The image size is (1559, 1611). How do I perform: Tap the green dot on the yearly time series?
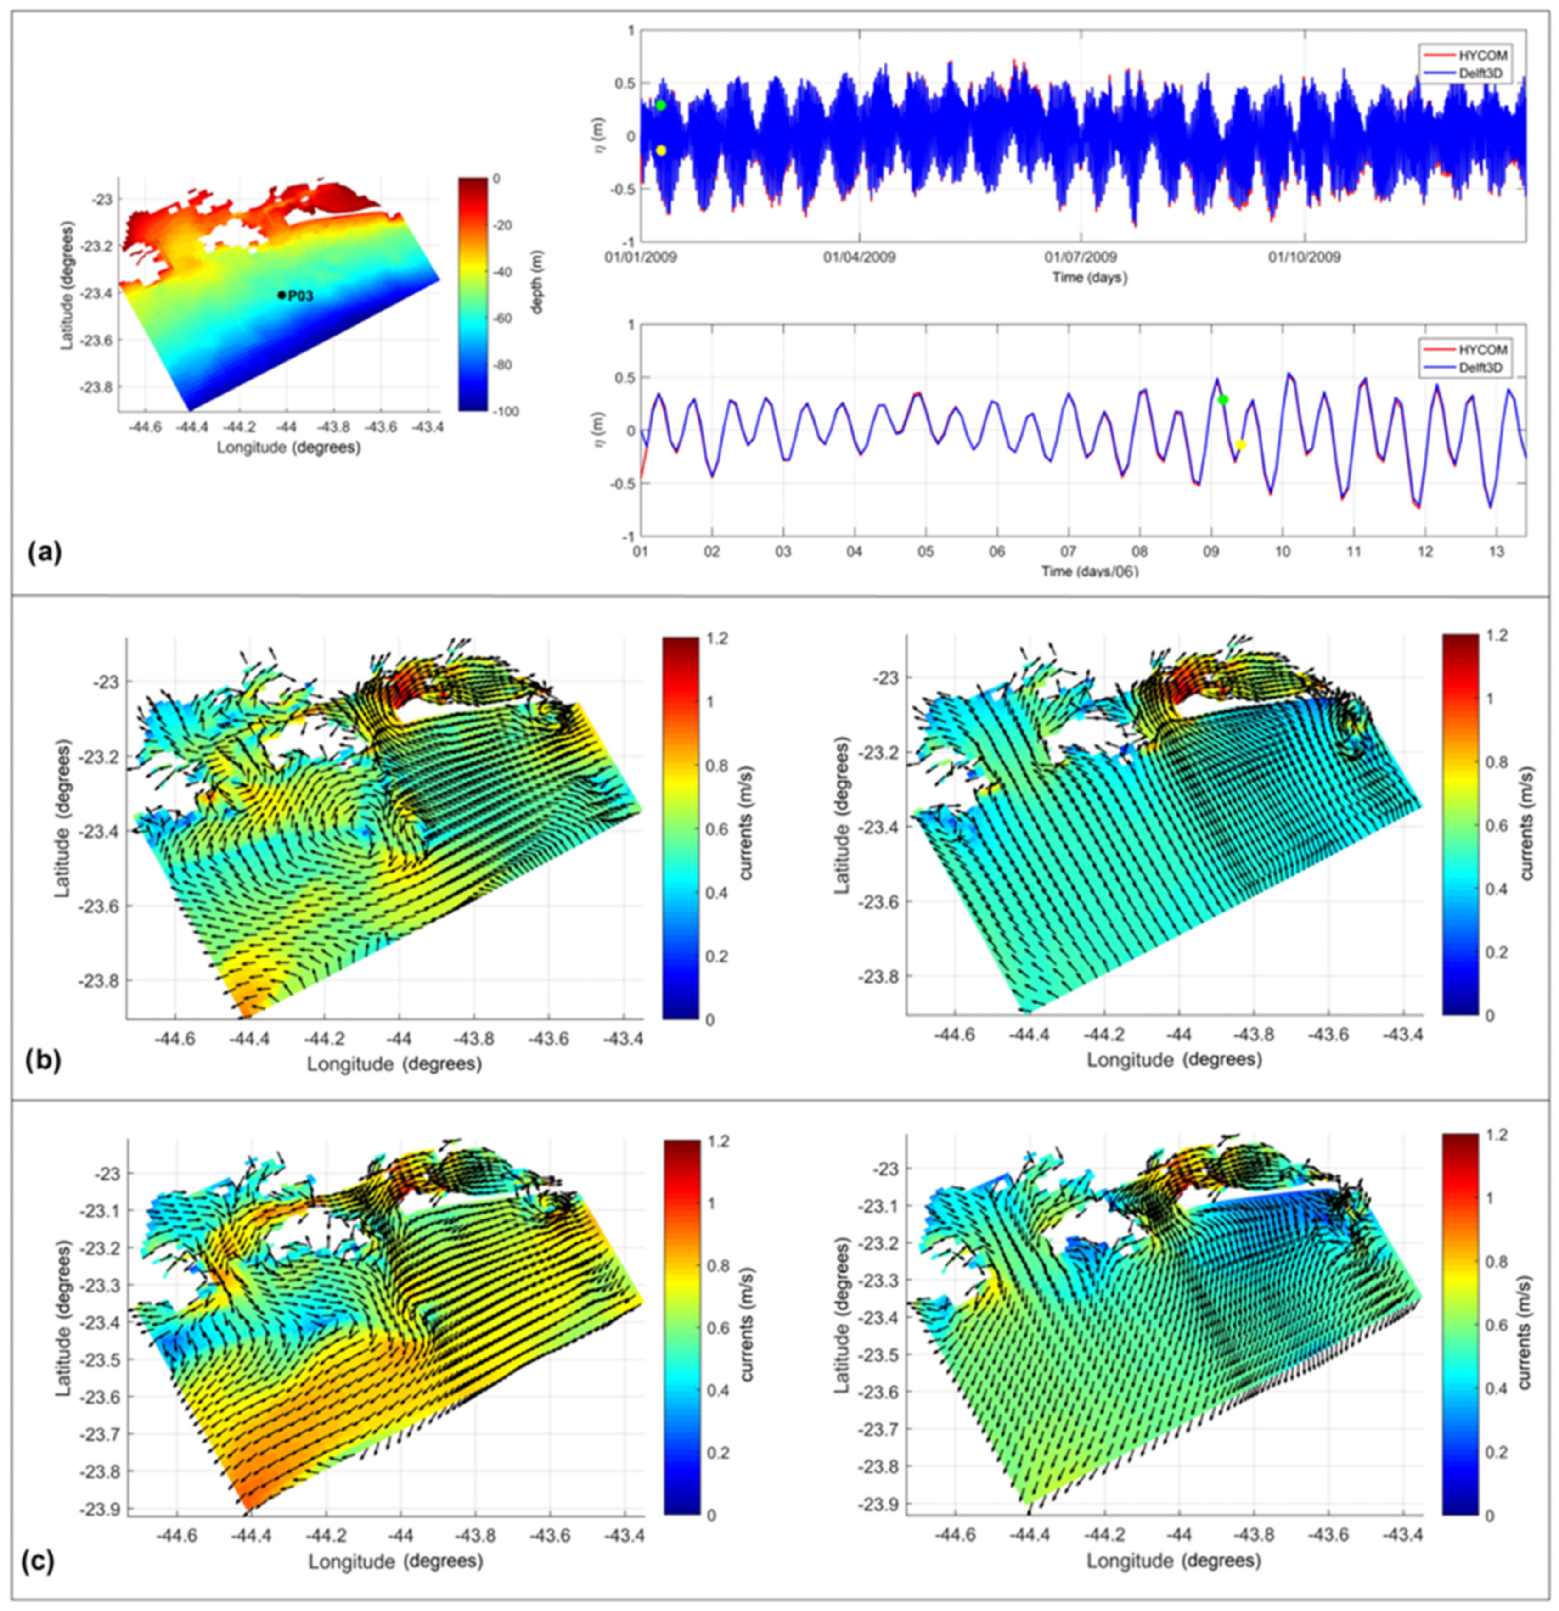(x=660, y=105)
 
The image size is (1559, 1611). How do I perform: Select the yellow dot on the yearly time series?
(x=660, y=151)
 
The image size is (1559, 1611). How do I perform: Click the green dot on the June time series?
(x=1223, y=399)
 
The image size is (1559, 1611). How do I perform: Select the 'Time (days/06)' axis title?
(x=1090, y=571)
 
